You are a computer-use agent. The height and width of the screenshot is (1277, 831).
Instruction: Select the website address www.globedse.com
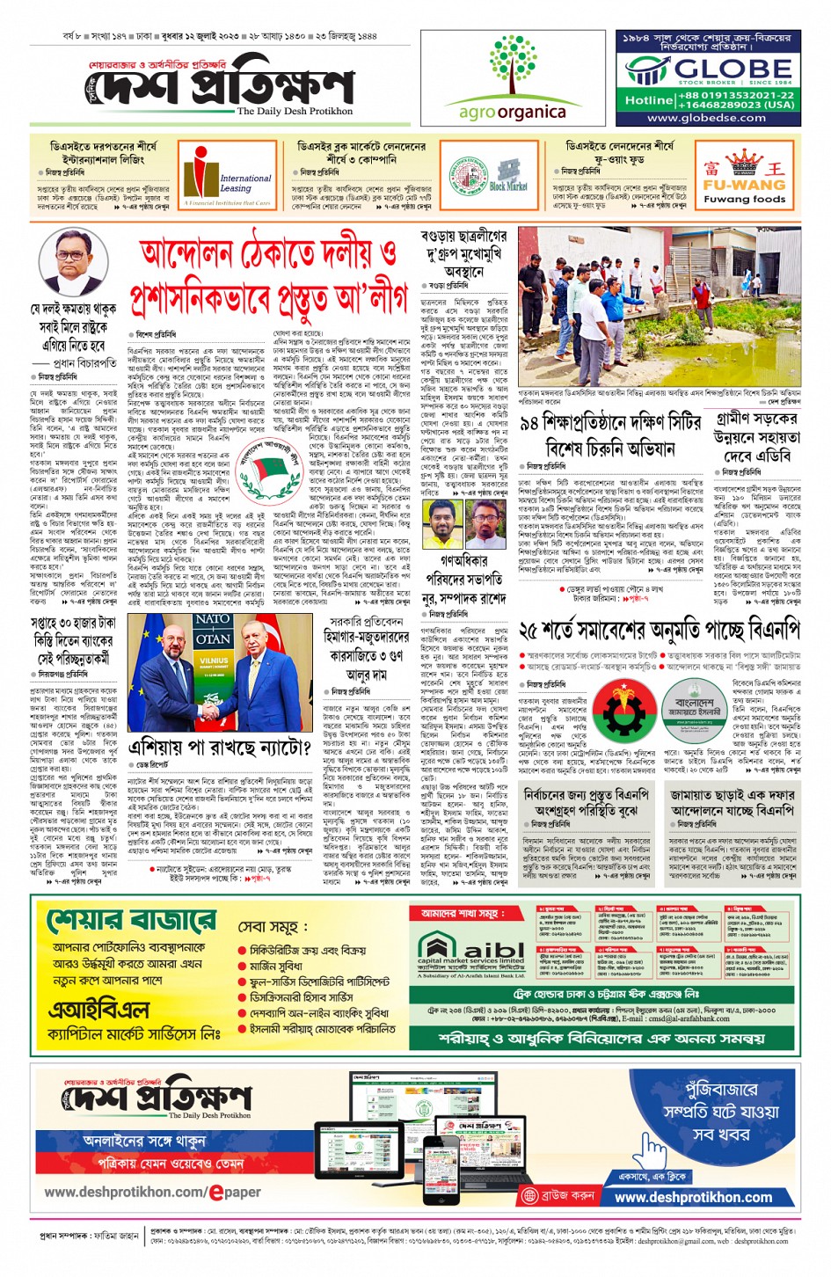click(x=706, y=118)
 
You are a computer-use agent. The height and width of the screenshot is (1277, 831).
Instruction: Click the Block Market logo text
click(x=507, y=186)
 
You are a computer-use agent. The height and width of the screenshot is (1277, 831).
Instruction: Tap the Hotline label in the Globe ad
click(x=648, y=100)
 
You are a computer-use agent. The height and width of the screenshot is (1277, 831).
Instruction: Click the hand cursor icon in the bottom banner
click(x=652, y=1149)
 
